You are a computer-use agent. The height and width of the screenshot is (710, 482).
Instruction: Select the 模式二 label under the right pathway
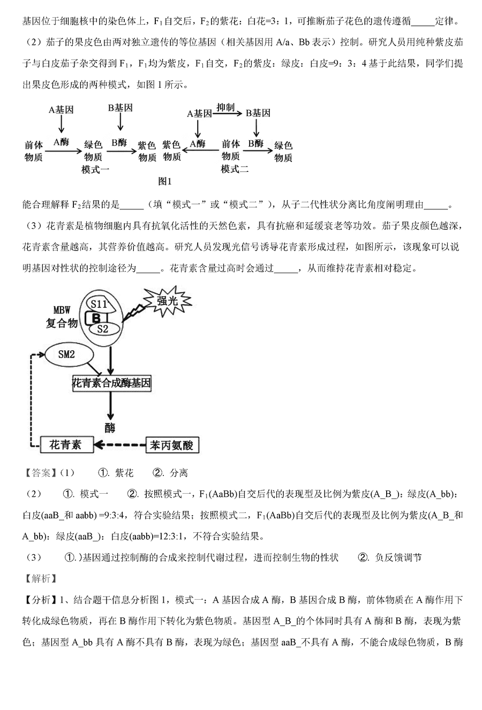pyautogui.click(x=235, y=169)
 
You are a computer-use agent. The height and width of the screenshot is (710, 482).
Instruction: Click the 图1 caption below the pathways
pyautogui.click(x=165, y=182)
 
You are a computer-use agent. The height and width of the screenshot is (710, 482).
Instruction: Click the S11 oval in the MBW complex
pyautogui.click(x=99, y=305)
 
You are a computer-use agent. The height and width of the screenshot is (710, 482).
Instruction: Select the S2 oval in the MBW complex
pyautogui.click(x=103, y=329)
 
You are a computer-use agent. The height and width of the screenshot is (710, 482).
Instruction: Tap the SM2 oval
pyautogui.click(x=66, y=353)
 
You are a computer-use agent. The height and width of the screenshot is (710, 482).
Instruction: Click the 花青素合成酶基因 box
pyautogui.click(x=111, y=383)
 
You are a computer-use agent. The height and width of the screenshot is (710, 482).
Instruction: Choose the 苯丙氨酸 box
pyautogui.click(x=171, y=444)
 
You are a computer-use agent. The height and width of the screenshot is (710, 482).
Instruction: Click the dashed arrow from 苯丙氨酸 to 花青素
pyautogui.click(x=120, y=444)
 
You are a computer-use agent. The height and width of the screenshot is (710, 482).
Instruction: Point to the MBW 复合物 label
pyautogui.click(x=62, y=316)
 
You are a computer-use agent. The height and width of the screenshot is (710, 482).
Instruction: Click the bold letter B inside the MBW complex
pyautogui.click(x=96, y=318)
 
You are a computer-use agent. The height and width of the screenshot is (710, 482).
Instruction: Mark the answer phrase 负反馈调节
pyautogui.click(x=398, y=557)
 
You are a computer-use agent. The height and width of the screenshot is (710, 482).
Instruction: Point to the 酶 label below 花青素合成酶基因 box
pyautogui.click(x=110, y=427)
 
